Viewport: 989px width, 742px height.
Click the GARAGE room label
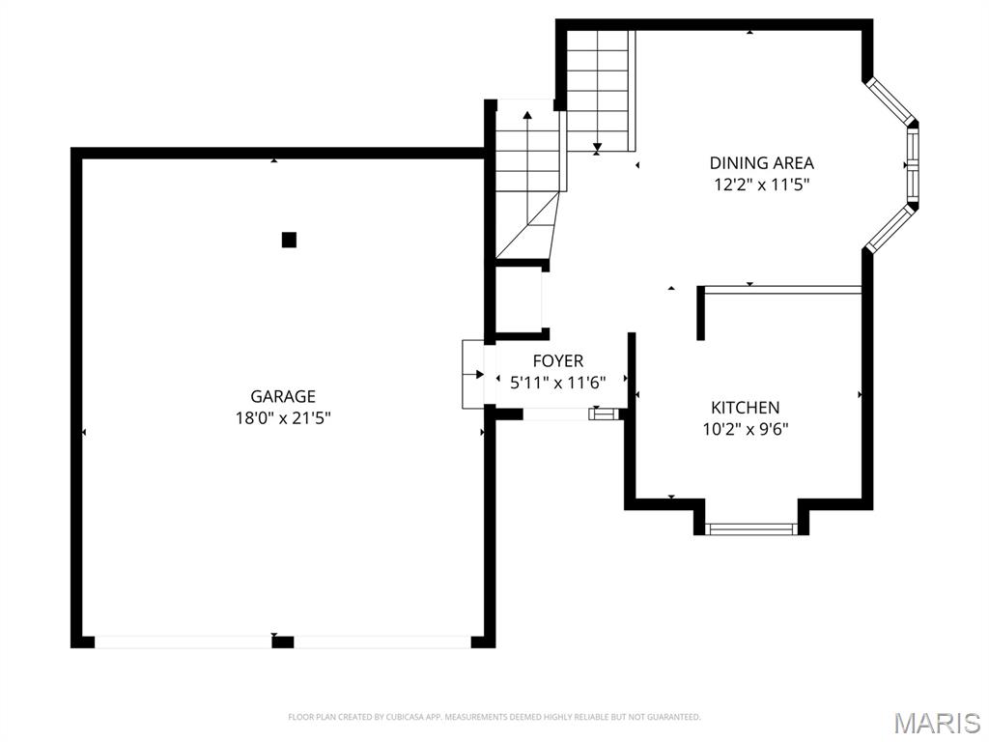tap(283, 396)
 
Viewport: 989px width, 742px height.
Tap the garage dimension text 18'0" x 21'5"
tap(283, 417)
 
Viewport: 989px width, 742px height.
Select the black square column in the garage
tap(289, 240)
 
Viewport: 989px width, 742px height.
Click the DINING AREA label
tap(761, 163)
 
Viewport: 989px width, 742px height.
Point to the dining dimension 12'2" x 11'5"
tap(761, 185)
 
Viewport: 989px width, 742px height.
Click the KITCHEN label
tap(745, 408)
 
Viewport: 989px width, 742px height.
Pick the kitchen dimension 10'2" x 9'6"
tap(745, 430)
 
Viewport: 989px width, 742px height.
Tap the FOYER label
tap(557, 361)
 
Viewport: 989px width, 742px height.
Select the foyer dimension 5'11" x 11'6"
tap(557, 383)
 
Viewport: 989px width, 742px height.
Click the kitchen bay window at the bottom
tap(750, 528)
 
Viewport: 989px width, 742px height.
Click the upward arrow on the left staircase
tap(527, 116)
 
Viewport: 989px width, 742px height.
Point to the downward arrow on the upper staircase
tap(598, 148)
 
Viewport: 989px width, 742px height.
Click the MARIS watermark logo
tap(936, 722)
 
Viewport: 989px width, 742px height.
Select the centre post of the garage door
tap(282, 641)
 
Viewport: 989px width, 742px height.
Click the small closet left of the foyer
tap(519, 300)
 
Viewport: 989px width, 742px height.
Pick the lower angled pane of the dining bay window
tap(889, 229)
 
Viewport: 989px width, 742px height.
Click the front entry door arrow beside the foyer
tap(479, 374)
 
